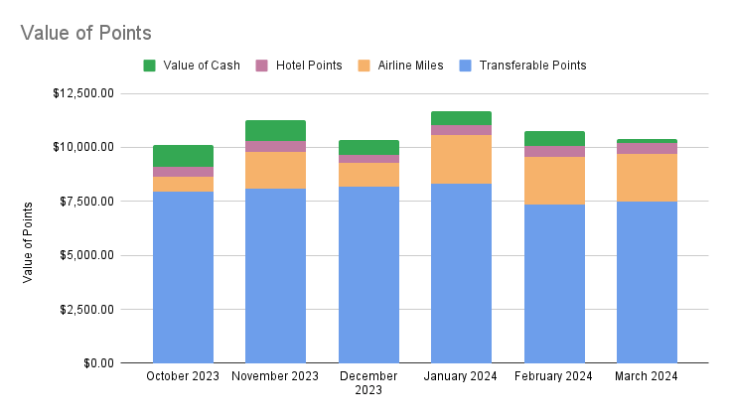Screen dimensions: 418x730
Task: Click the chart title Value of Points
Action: pyautogui.click(x=85, y=32)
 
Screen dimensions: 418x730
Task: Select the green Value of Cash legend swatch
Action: pyautogui.click(x=150, y=66)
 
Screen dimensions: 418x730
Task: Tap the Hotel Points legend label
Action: pyautogui.click(x=308, y=66)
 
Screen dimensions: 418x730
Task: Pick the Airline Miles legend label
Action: pyautogui.click(x=411, y=66)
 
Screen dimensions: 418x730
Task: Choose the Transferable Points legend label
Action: pyautogui.click(x=532, y=66)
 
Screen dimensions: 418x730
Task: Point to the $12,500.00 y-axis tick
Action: pyautogui.click(x=86, y=93)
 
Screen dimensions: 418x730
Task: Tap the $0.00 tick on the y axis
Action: pyautogui.click(x=98, y=362)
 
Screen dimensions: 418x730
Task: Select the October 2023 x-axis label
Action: pyautogui.click(x=183, y=376)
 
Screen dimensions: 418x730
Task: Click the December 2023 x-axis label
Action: pyautogui.click(x=368, y=383)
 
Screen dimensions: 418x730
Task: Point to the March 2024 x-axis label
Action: pyautogui.click(x=647, y=376)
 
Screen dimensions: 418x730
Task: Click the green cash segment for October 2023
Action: pyautogui.click(x=183, y=155)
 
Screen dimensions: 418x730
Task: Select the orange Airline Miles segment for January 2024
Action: pyautogui.click(x=461, y=159)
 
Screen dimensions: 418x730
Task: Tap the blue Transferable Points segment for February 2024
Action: pyautogui.click(x=554, y=283)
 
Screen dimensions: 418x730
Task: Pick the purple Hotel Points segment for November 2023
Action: pyautogui.click(x=275, y=146)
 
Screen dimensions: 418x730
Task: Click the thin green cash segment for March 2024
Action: pyautogui.click(x=647, y=141)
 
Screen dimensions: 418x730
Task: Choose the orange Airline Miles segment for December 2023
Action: pyautogui.click(x=368, y=175)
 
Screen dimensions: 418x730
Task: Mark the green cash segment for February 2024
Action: pyautogui.click(x=554, y=138)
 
